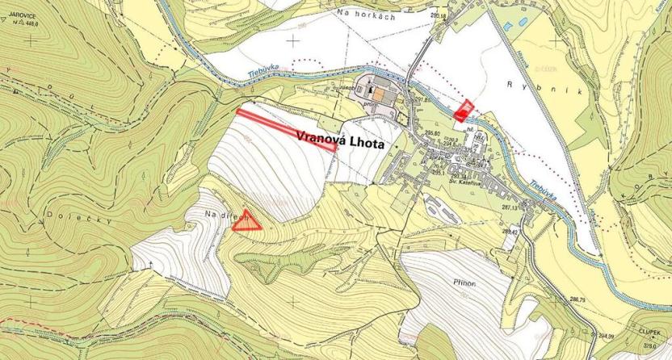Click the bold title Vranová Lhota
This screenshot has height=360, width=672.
click(x=342, y=138)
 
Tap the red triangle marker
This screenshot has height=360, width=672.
click(x=247, y=224)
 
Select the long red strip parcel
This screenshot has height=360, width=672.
click(x=286, y=130)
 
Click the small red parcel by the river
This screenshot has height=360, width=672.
click(x=463, y=111)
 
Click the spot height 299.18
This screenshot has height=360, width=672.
click(x=439, y=15)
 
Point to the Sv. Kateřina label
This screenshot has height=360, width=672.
click(x=464, y=182)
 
